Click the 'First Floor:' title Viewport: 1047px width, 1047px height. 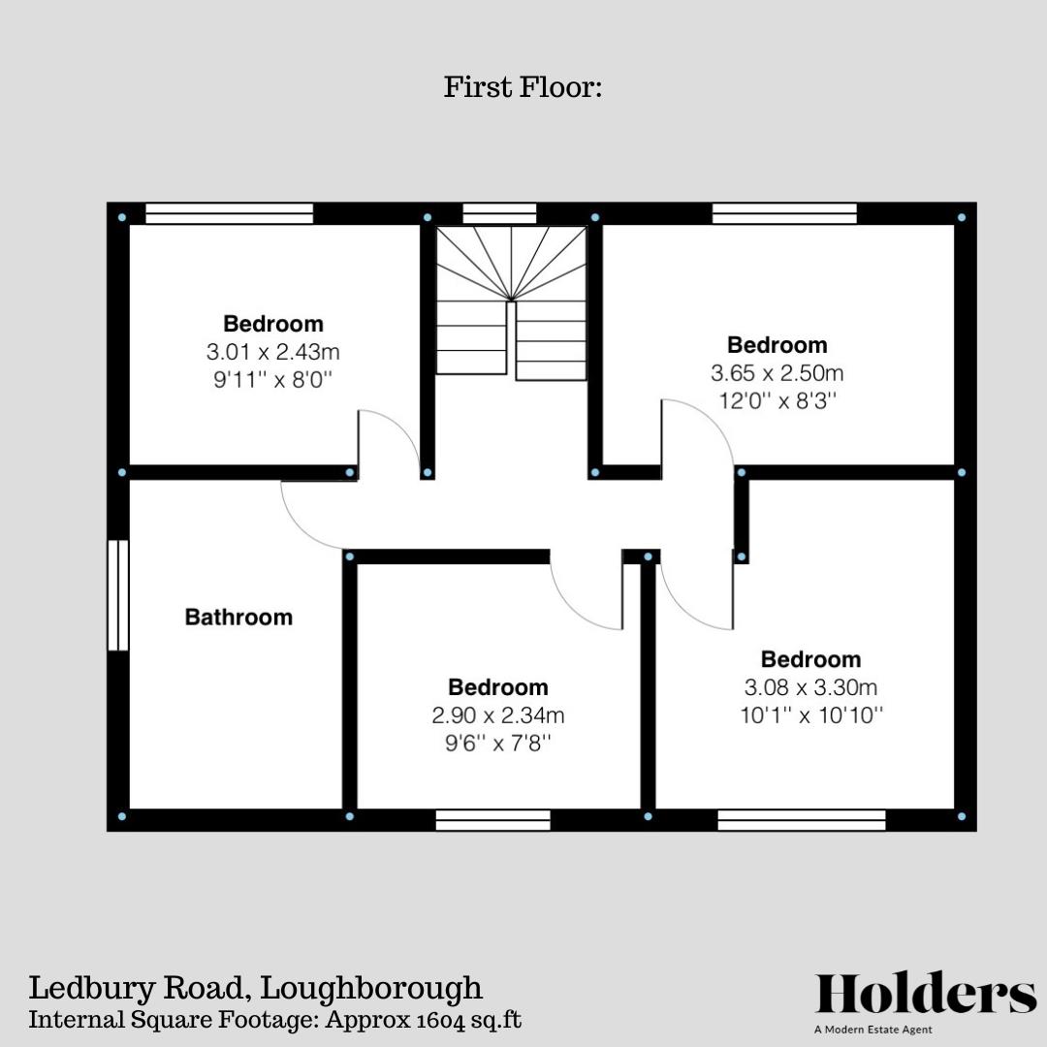click(x=523, y=87)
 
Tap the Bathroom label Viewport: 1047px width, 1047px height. click(x=238, y=617)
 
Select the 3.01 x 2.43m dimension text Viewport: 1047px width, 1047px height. click(x=273, y=351)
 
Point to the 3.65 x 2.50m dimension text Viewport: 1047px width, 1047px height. click(x=777, y=372)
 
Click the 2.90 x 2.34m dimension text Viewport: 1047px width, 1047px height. click(x=498, y=715)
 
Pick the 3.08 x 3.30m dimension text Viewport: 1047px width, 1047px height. click(x=810, y=687)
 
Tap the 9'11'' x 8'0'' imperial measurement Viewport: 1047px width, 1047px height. click(x=273, y=379)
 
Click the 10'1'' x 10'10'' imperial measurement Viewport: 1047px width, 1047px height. click(x=810, y=715)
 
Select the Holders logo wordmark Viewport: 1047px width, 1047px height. click(x=926, y=995)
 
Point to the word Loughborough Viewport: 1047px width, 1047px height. click(x=371, y=988)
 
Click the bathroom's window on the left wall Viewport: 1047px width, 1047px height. click(x=118, y=594)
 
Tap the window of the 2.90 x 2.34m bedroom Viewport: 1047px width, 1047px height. click(x=492, y=820)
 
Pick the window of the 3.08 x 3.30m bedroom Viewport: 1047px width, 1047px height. click(x=802, y=820)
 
